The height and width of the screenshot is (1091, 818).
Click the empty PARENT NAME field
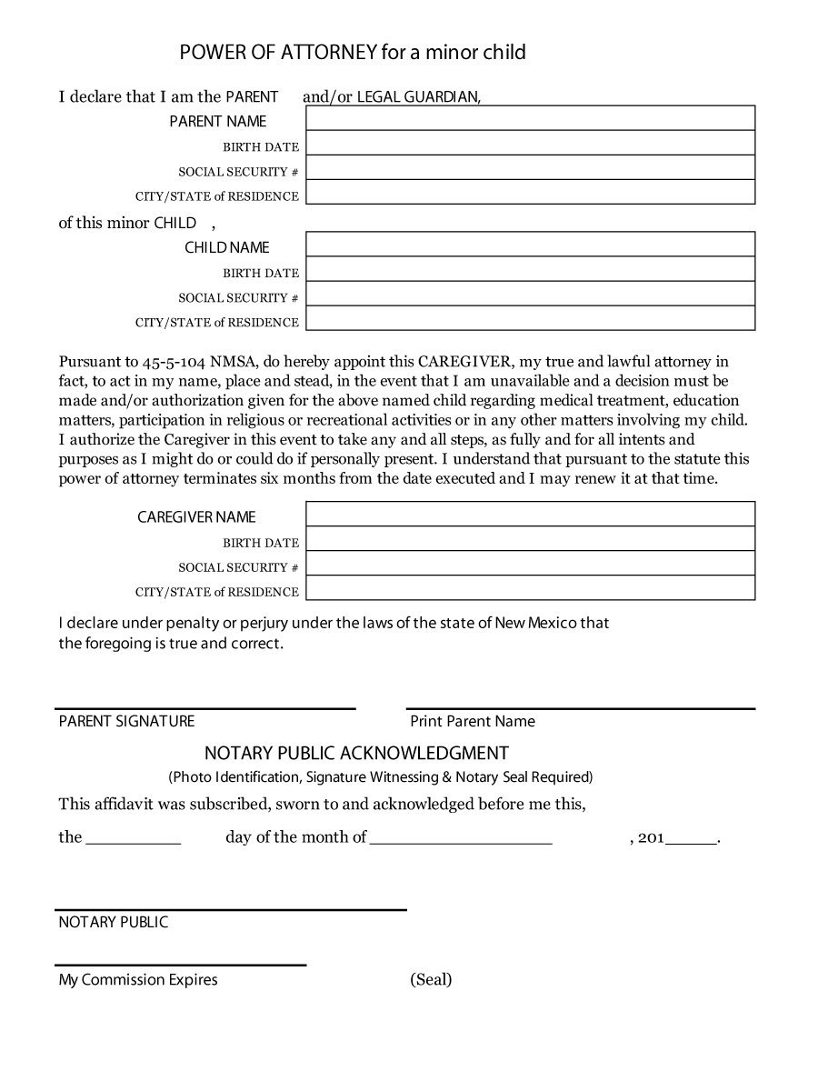point(530,118)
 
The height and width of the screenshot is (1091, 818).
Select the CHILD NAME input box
point(530,245)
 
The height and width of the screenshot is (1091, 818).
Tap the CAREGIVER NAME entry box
point(530,514)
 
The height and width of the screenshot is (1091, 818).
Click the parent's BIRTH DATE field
point(530,143)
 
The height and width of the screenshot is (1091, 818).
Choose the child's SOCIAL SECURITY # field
point(530,294)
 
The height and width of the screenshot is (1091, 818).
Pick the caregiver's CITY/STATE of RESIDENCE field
point(530,588)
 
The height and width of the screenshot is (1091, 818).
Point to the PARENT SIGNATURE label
point(126,721)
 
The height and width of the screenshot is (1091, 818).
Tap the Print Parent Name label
point(472,721)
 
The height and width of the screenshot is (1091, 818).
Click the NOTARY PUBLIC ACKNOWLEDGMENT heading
point(356,753)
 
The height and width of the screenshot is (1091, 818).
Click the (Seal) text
point(431,979)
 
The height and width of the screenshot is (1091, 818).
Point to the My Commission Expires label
point(138,979)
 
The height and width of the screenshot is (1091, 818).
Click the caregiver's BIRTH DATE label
point(261,543)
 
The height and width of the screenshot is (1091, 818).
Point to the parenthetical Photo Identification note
point(380,776)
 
